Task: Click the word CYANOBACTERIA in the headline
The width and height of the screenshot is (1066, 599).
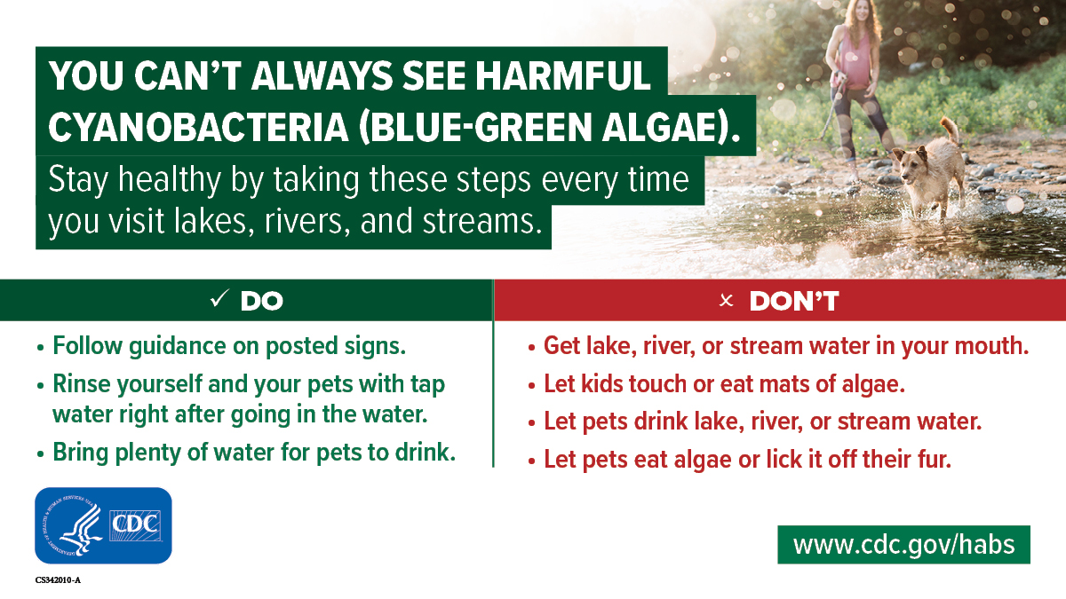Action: [x=198, y=128]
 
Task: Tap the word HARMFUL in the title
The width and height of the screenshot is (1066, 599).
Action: [x=563, y=75]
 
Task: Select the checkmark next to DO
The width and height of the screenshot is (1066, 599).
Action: [x=219, y=298]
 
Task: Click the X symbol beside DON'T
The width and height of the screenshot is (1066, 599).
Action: [x=727, y=301]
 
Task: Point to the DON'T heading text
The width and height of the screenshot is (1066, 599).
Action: [x=794, y=301]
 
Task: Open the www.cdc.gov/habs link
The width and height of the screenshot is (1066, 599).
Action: [x=903, y=544]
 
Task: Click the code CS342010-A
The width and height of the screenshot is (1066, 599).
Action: [x=58, y=580]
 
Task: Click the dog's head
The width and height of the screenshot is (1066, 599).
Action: [x=910, y=164]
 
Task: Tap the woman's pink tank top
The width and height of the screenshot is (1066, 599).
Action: [x=853, y=59]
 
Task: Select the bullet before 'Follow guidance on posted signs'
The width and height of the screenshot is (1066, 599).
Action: [x=40, y=348]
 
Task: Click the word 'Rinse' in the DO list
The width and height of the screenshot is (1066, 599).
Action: [x=80, y=383]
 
